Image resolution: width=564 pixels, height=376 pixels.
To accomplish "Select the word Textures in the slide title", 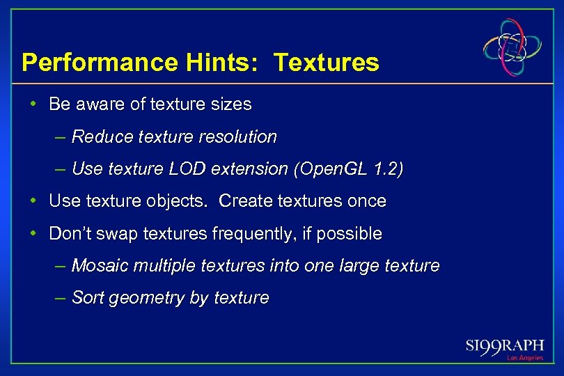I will tap(327, 63).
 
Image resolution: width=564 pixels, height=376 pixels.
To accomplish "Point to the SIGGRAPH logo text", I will tap(504, 345).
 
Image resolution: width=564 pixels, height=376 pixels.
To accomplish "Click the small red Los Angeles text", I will tap(525, 358).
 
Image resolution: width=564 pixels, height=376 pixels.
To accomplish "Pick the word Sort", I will tap(86, 298).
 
